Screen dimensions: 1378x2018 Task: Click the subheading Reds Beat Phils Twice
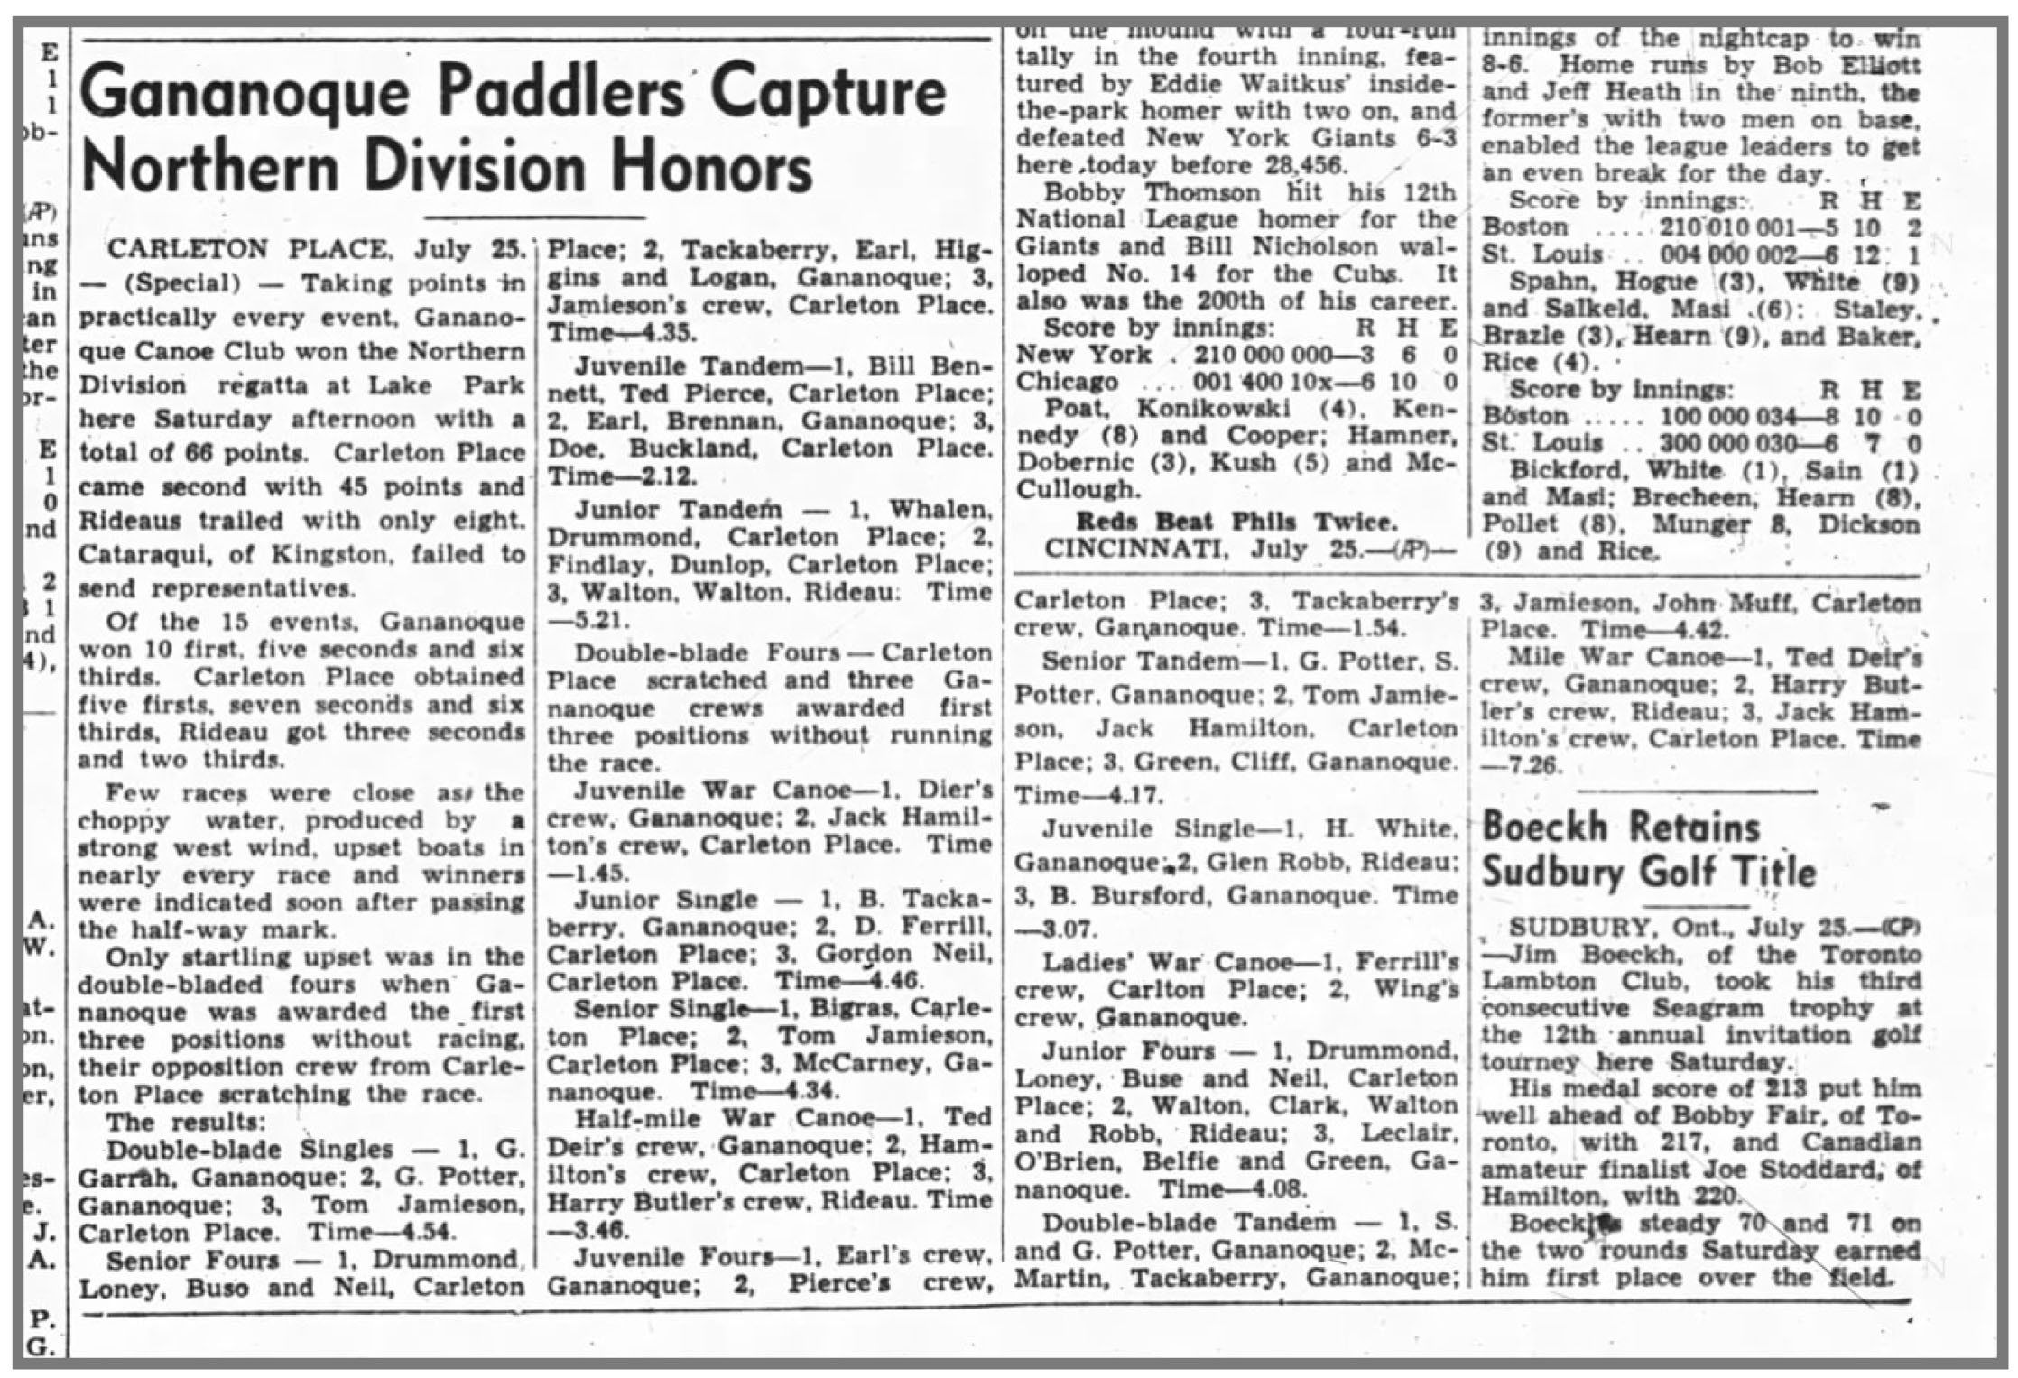(x=1236, y=521)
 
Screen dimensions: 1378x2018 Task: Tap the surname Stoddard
(x=1836, y=1170)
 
